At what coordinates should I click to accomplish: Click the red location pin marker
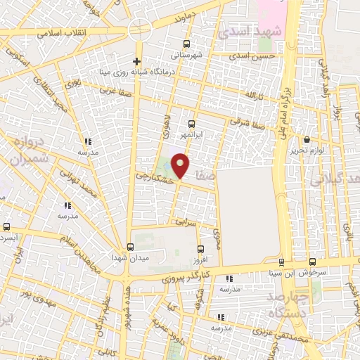pyautogui.click(x=181, y=165)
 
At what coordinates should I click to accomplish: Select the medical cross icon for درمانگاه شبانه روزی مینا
pyautogui.click(x=138, y=60)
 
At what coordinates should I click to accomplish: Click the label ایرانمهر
pyautogui.click(x=192, y=134)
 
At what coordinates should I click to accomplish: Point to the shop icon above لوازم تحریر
pyautogui.click(x=306, y=139)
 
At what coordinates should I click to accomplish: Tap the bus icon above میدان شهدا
pyautogui.click(x=130, y=247)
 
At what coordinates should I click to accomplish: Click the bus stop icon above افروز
pyautogui.click(x=201, y=249)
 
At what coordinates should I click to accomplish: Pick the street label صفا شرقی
pyautogui.click(x=246, y=120)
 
